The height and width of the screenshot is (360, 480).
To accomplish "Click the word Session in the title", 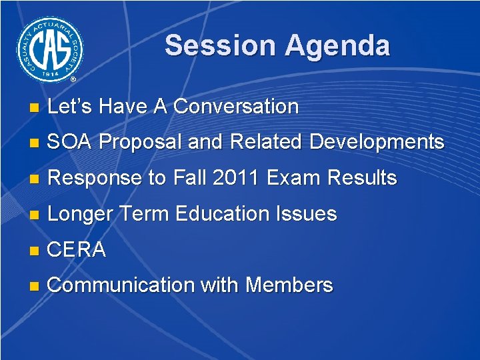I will click(x=220, y=46).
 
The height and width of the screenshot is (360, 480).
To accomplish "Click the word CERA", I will click(x=77, y=250).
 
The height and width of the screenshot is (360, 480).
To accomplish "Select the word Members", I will click(x=289, y=285).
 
